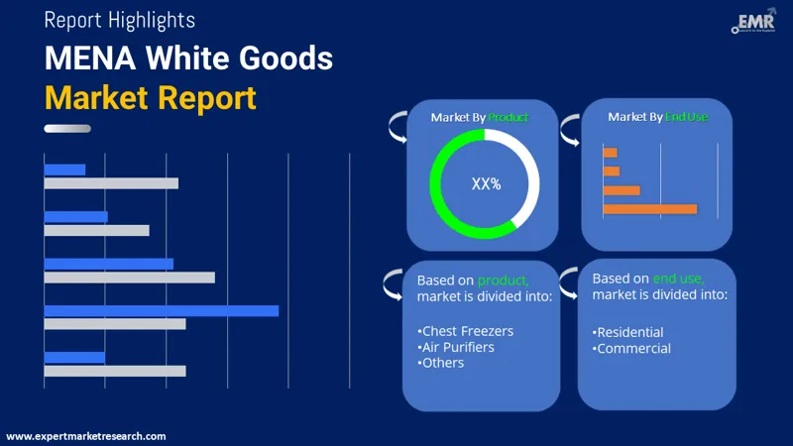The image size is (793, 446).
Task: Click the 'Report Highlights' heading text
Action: [120, 20]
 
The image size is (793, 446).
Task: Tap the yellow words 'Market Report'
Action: [150, 97]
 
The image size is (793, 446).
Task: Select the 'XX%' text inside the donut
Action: [486, 183]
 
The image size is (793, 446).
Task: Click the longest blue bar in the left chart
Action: [162, 310]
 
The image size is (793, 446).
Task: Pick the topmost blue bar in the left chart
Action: [64, 169]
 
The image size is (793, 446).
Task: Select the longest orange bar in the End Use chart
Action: [649, 209]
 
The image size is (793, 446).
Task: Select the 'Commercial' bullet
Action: [631, 348]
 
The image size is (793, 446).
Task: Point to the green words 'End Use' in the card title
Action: [686, 117]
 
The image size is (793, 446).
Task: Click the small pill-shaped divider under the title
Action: [67, 128]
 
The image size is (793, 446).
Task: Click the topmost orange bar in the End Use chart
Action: [610, 153]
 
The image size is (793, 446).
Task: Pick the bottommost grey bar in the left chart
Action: [115, 371]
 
